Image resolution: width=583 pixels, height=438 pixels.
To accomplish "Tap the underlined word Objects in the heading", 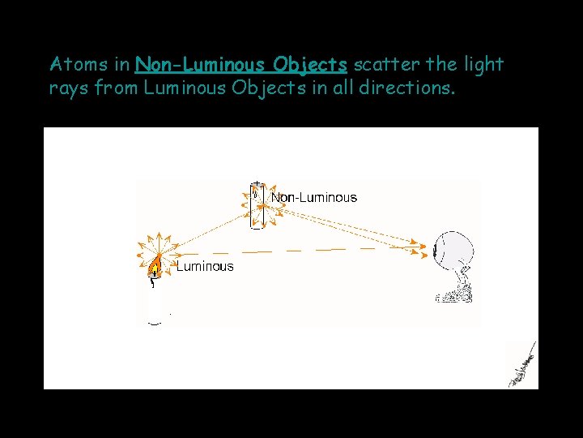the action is coord(310,64).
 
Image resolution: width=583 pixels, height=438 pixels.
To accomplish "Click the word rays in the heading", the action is coord(69,88).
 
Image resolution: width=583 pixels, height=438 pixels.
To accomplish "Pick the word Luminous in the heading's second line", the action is coord(184,88).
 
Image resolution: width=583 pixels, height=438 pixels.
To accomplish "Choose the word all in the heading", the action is coord(340,88).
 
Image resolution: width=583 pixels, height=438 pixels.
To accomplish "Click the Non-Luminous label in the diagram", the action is coord(313,197).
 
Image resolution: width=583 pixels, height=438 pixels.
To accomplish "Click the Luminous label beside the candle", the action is coord(205,266).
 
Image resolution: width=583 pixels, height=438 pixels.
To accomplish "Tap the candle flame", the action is coord(155,265).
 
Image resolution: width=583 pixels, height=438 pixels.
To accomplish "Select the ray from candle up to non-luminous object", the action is coord(206,235).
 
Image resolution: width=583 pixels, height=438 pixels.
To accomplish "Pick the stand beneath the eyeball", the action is coord(456,287).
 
